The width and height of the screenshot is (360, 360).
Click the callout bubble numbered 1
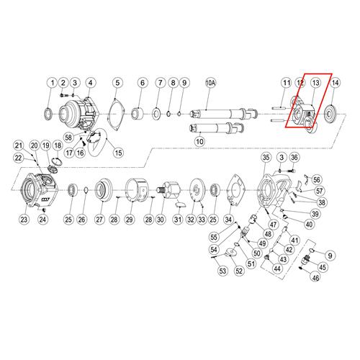point(53,83)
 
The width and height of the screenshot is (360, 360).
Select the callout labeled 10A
point(210,83)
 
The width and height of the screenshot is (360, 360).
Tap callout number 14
point(335,83)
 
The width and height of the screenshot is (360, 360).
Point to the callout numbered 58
point(68,138)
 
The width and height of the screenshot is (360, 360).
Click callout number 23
point(24,220)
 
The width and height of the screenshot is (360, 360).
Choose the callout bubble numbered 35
point(266,158)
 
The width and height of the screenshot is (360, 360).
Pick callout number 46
point(315,278)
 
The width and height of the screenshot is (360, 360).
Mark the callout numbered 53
point(222,271)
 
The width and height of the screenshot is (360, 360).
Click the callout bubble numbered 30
point(161,220)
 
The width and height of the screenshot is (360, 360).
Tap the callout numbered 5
point(117,83)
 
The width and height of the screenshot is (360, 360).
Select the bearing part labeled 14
point(330,114)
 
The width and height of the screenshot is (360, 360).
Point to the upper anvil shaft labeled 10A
point(223,113)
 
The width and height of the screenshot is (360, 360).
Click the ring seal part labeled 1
point(49,114)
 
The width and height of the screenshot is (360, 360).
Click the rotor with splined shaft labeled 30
point(169,189)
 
